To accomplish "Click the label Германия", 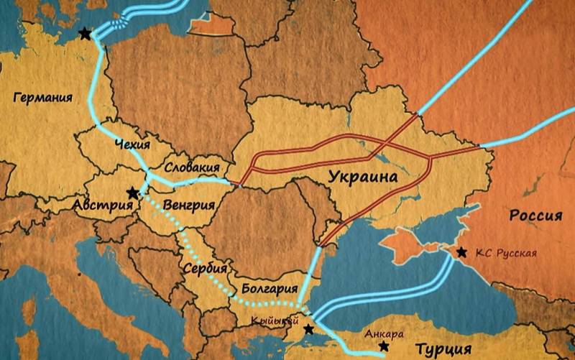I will pos(43,98).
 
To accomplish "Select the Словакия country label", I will pos(192,167).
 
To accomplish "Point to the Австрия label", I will pos(103,206).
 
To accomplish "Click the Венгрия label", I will pos(189,206).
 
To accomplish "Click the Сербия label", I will pos(200,267).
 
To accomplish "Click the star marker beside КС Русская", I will pos(461,251).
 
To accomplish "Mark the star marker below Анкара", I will pos(384,346).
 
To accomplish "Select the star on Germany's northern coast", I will pos(86,34).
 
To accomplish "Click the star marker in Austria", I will pos(132,193).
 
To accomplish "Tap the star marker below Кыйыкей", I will pos(308,329).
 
